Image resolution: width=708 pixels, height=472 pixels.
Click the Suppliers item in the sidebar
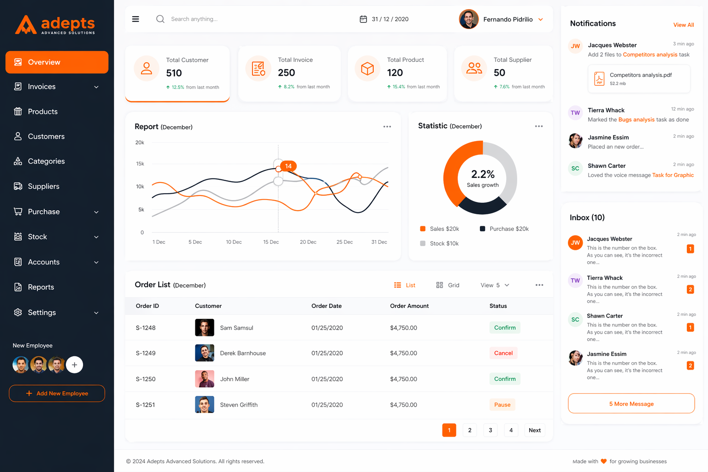(43, 186)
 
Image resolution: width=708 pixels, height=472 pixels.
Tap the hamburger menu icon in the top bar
(136, 19)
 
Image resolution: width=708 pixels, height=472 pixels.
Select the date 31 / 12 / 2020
(389, 19)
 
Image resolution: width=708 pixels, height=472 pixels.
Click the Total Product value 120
(395, 73)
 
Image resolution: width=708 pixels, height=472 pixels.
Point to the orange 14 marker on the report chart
(288, 166)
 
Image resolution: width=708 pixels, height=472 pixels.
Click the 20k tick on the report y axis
(140, 142)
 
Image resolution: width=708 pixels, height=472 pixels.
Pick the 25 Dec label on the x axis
(344, 242)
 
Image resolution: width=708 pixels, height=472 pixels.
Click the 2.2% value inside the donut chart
(483, 174)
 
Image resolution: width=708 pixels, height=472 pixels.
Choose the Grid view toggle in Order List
(448, 285)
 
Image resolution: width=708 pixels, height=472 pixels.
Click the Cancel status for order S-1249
(503, 353)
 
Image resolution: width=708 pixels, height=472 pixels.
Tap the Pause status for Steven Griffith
(502, 405)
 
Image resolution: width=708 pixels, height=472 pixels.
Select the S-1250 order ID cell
(146, 379)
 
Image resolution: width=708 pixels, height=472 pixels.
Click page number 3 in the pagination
(490, 430)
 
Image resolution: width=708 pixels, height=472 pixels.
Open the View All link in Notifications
(683, 25)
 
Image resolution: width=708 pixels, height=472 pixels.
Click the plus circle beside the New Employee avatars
(74, 365)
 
